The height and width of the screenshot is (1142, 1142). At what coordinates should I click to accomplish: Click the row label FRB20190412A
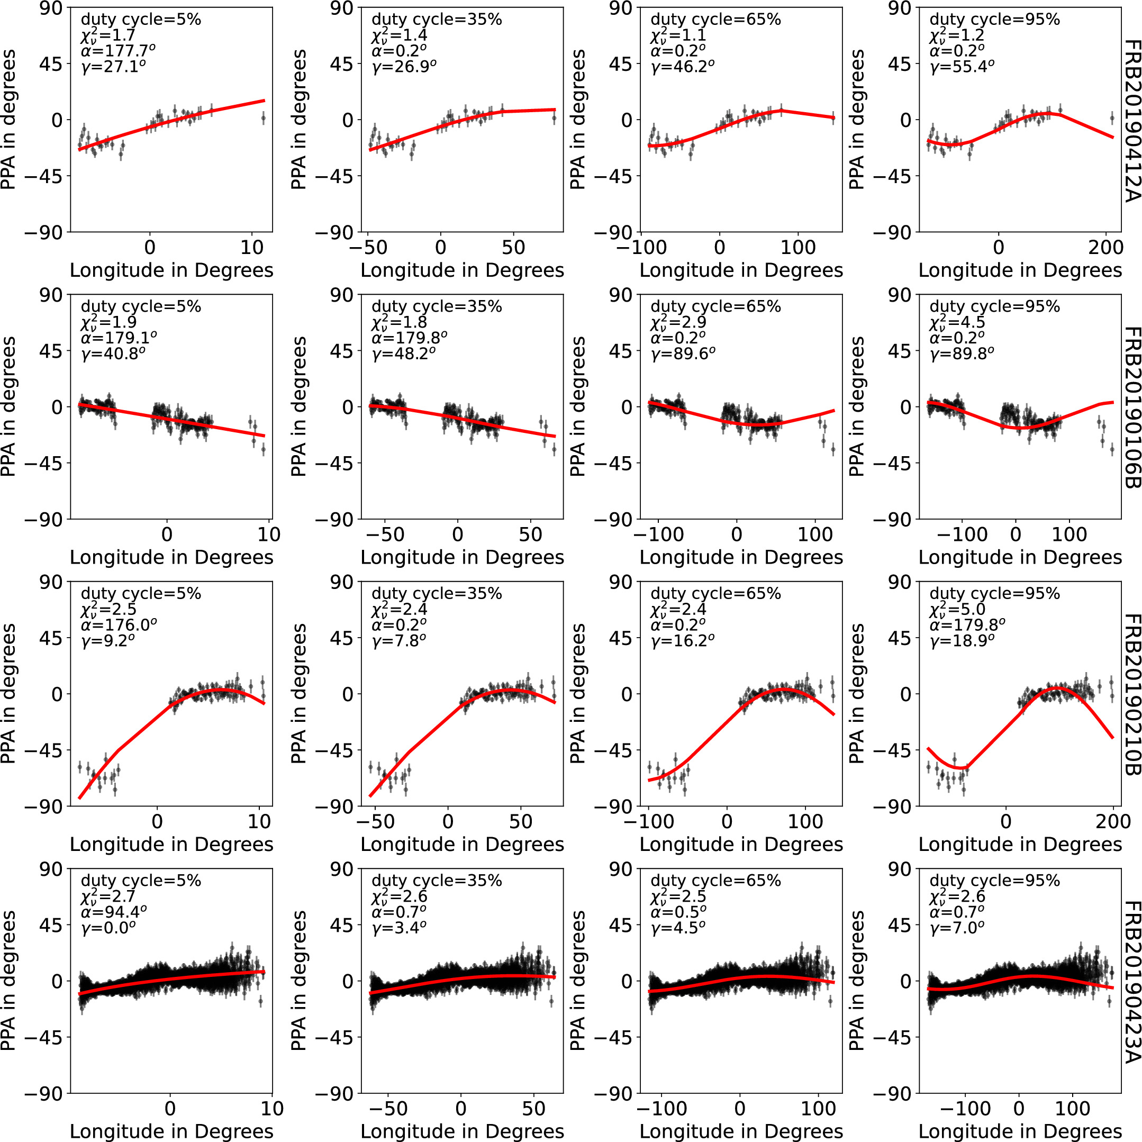tap(1130, 121)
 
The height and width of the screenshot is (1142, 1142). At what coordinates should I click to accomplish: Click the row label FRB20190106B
tap(1130, 408)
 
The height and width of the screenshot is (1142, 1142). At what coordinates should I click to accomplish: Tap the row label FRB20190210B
tap(1130, 694)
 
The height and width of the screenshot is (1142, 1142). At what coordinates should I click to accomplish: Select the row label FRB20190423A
tap(1130, 982)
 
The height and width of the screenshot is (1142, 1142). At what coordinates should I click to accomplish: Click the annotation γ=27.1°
tap(113, 66)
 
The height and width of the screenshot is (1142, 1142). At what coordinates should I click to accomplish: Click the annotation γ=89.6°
tap(683, 354)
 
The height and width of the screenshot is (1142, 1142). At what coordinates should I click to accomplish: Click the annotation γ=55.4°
tap(962, 66)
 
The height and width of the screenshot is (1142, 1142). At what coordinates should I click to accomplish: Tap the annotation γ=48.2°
tap(404, 354)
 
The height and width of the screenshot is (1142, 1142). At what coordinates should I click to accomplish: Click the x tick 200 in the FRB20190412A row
tap(1105, 247)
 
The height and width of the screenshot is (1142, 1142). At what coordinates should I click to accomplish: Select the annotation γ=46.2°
tap(683, 66)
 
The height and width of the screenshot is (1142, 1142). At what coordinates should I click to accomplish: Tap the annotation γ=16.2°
tap(683, 640)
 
